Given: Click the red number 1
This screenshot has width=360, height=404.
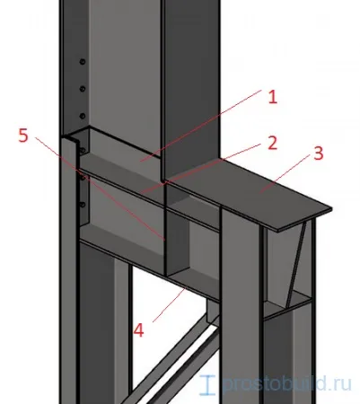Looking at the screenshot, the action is (x=272, y=97).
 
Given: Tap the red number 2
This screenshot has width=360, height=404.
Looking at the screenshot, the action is (x=272, y=143).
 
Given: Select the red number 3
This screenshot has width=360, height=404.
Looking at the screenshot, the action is (x=318, y=154).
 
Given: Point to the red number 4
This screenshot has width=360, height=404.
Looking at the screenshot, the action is (x=138, y=331).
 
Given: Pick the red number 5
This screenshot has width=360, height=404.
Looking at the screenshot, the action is (x=23, y=136).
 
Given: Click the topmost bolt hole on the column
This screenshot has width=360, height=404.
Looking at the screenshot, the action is (x=83, y=62).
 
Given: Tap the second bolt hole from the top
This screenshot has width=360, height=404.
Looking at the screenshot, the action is (x=83, y=89).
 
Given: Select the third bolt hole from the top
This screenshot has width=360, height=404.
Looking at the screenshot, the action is (x=83, y=116).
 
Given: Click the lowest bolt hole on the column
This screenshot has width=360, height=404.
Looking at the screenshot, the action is (x=83, y=205).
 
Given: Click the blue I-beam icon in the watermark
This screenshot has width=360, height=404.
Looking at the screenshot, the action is (x=207, y=384).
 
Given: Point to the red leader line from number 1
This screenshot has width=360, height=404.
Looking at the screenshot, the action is (x=201, y=126).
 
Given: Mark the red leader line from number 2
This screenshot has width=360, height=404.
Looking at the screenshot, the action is (x=201, y=169).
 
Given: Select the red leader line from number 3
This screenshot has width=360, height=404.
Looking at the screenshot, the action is (x=285, y=174).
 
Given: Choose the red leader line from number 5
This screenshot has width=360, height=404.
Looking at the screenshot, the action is (x=100, y=189).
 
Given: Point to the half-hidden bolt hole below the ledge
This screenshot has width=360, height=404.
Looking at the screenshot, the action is (x=83, y=150).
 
